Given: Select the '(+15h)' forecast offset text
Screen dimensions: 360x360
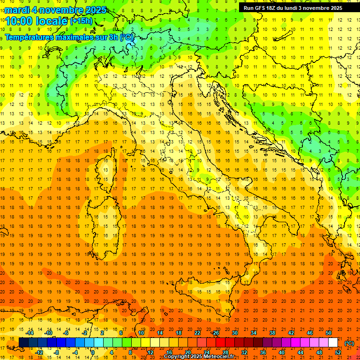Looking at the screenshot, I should [81, 21].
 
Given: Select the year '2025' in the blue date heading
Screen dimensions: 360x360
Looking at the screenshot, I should [93, 10].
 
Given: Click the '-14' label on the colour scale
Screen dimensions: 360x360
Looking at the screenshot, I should [30, 333].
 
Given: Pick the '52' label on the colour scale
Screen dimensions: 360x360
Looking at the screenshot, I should [338, 352].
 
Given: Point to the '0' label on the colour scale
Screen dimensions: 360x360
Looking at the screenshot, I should [93, 352].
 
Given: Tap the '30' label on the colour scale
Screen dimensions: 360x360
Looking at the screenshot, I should [234, 333].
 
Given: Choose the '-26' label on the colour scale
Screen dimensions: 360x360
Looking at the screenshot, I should [216, 333].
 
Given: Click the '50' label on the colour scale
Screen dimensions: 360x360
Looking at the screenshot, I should [328, 333].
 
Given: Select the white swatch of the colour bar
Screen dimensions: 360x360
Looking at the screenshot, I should [333, 343].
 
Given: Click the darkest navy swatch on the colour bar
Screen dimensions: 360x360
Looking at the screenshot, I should [23, 343].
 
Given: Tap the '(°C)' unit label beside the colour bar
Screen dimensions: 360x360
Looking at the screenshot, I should [349, 343].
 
